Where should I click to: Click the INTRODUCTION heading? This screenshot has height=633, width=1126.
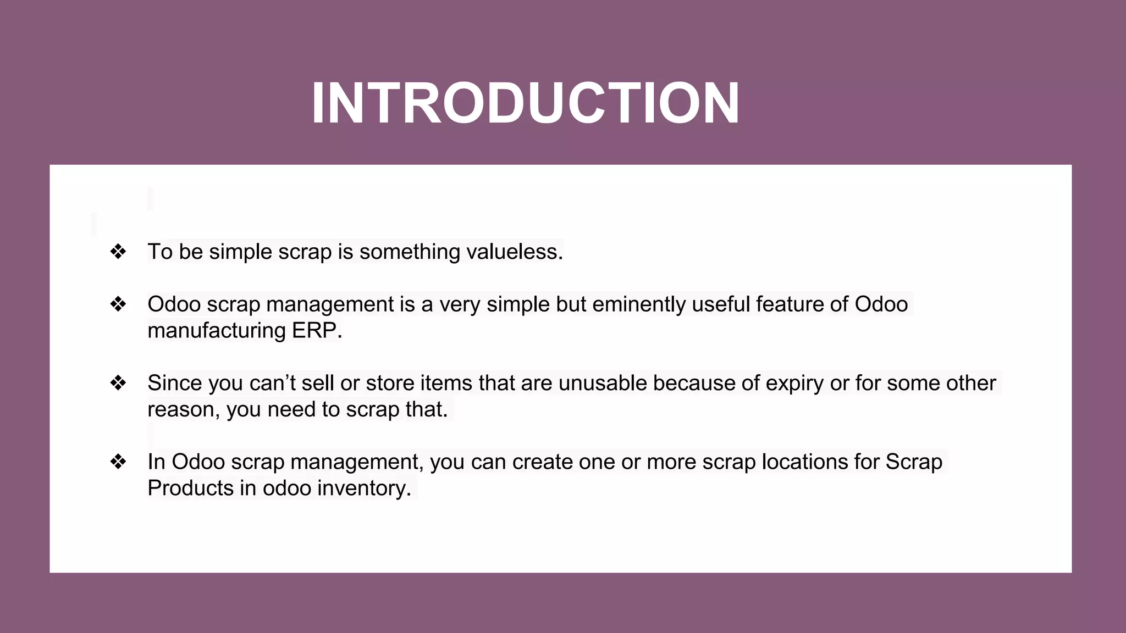click(x=525, y=103)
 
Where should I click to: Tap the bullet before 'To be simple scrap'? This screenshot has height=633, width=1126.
click(x=118, y=252)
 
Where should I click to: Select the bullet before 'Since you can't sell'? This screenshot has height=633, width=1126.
click(x=118, y=383)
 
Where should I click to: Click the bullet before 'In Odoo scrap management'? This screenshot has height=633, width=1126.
click(x=118, y=462)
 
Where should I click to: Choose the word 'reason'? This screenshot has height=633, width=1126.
click(x=180, y=410)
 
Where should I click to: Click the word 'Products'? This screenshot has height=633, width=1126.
click(x=190, y=488)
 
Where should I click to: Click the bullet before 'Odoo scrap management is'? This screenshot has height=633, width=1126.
click(x=118, y=304)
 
